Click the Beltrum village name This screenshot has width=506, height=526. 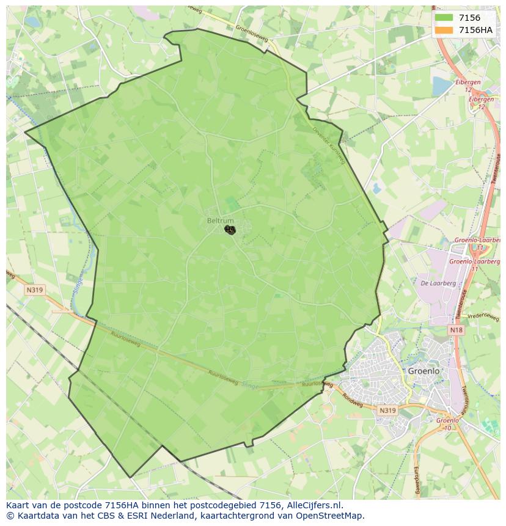(x=220, y=221)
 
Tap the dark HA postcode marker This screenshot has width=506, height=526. (x=230, y=230)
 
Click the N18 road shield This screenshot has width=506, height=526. (x=456, y=330)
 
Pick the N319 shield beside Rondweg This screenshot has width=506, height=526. (x=387, y=411)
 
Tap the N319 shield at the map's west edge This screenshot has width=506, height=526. (x=34, y=290)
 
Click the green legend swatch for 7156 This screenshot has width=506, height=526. (x=444, y=18)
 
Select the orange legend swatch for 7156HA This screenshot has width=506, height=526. (x=444, y=30)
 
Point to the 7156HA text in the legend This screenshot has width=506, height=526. (x=475, y=30)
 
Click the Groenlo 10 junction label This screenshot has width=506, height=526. (x=448, y=424)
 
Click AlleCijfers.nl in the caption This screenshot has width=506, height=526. (x=316, y=505)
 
